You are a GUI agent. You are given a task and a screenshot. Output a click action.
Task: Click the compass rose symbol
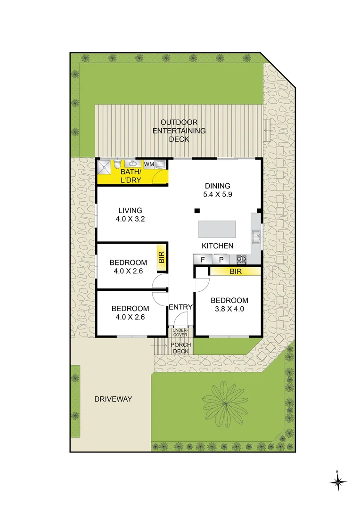pyautogui.click(x=338, y=482)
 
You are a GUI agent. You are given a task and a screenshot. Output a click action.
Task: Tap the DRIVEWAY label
pyautogui.click(x=113, y=399)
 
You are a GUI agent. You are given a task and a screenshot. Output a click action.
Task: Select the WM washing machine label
pyautogui.click(x=149, y=164)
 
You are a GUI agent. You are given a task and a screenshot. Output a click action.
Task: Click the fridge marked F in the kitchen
pyautogui.click(x=203, y=259)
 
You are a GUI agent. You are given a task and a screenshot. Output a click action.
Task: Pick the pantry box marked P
pyautogui.click(x=221, y=259)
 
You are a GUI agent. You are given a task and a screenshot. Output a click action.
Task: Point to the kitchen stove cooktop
pyautogui.click(x=241, y=259)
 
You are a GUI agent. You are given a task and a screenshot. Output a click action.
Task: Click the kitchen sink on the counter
pyautogui.click(x=256, y=237)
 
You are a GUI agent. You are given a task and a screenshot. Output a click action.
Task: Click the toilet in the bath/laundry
pyautogui.click(x=116, y=164)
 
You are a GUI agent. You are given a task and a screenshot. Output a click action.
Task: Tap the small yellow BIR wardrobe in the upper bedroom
pyautogui.click(x=161, y=257)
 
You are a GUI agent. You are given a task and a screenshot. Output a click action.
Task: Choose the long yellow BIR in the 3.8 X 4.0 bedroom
pyautogui.click(x=235, y=271)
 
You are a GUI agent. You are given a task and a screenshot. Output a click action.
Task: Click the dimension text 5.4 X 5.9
pyautogui.click(x=217, y=194)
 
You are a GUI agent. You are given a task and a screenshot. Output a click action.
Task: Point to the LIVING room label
pyautogui.click(x=130, y=210)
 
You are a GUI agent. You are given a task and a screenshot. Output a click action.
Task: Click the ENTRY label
pyautogui.click(x=180, y=307)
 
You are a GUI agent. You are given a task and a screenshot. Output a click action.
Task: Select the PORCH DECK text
pyautogui.click(x=181, y=348)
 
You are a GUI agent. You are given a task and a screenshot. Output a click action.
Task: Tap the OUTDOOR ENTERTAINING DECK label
pyautogui.click(x=179, y=131)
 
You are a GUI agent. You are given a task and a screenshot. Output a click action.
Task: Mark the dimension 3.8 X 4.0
pyautogui.click(x=229, y=309)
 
